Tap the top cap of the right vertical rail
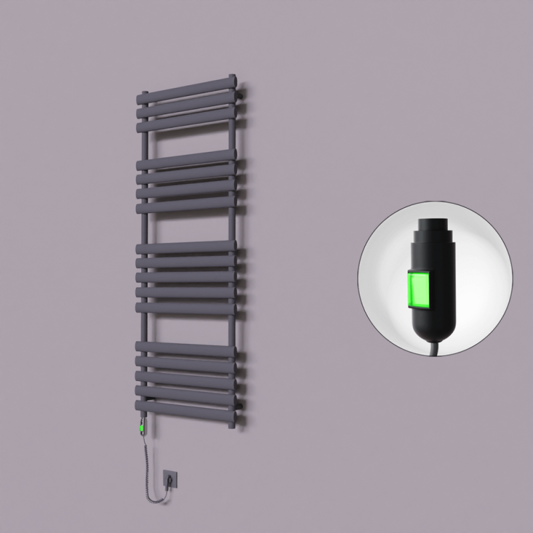[232, 77]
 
